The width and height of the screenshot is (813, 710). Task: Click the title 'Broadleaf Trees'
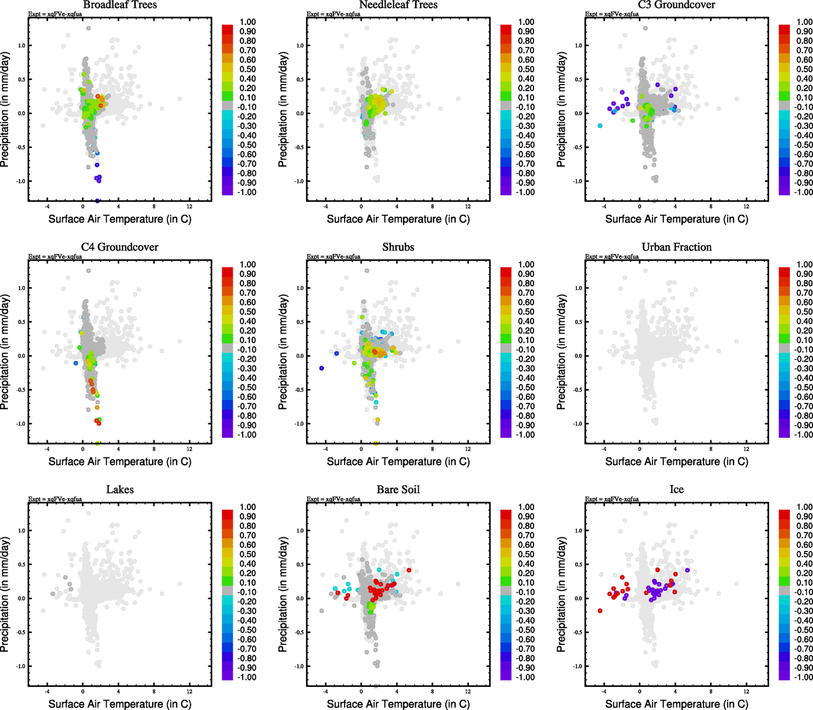pyautogui.click(x=120, y=5)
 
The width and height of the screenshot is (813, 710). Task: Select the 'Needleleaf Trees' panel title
pyautogui.click(x=398, y=5)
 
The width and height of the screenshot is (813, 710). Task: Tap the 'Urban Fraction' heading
pyautogui.click(x=676, y=247)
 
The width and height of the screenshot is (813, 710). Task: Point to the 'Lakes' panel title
pyautogui.click(x=120, y=490)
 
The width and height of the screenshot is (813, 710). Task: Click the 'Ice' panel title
pyautogui.click(x=676, y=490)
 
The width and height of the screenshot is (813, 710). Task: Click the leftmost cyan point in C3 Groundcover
pyautogui.click(x=600, y=125)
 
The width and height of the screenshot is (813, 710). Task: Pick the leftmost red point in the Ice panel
pyautogui.click(x=600, y=611)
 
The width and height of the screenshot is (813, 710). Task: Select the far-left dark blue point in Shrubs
pyautogui.click(x=322, y=368)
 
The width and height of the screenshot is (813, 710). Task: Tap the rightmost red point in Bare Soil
pyautogui.click(x=409, y=570)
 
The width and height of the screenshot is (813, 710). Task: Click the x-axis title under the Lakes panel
pyautogui.click(x=120, y=704)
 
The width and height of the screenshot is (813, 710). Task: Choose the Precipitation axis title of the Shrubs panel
pyautogui.click(x=283, y=353)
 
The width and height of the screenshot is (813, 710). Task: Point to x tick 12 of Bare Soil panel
pyautogui.click(x=468, y=691)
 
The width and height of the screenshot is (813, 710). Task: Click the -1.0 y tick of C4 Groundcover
pyautogui.click(x=21, y=424)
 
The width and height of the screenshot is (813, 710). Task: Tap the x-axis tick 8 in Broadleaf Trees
pyautogui.click(x=154, y=206)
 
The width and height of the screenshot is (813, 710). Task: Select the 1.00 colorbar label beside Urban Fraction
pyautogui.click(x=804, y=264)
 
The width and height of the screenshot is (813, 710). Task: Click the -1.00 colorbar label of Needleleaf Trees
pyautogui.click(x=526, y=192)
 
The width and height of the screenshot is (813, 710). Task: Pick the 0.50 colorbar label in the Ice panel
pyautogui.click(x=804, y=554)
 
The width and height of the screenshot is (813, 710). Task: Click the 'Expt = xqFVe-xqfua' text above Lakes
pyautogui.click(x=55, y=499)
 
